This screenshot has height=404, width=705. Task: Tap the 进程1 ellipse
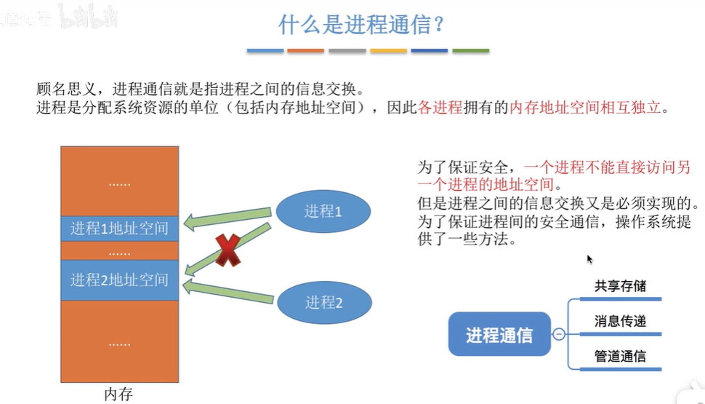click(322, 212)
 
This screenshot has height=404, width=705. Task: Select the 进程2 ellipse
click(323, 301)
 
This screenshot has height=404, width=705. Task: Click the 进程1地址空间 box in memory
click(120, 229)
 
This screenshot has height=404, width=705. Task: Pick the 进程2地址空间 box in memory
click(120, 280)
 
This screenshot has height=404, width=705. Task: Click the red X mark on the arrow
click(227, 250)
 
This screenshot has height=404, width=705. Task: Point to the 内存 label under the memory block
click(118, 395)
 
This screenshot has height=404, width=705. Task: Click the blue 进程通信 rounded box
click(499, 335)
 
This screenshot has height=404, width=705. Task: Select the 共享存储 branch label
click(619, 285)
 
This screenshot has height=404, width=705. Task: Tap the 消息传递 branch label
click(619, 321)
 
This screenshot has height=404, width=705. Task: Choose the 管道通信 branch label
click(619, 357)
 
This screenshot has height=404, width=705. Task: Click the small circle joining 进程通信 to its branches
click(558, 335)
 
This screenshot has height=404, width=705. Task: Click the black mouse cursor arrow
click(589, 258)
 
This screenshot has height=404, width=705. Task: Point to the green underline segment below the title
click(470, 51)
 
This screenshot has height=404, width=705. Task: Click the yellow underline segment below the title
click(388, 51)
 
